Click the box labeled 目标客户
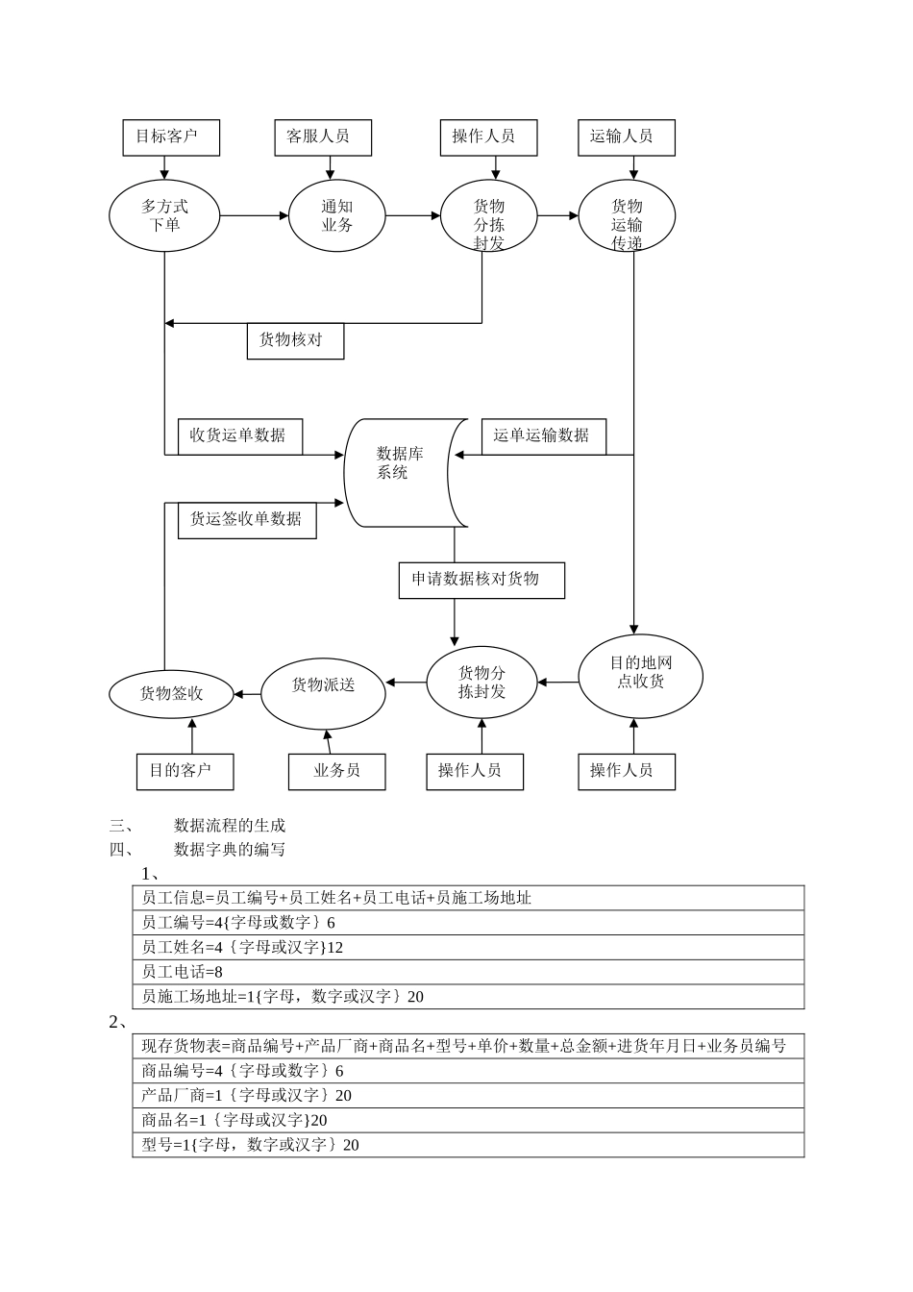click(171, 137)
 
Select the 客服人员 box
click(323, 137)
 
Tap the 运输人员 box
click(626, 137)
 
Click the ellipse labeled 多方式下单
click(164, 215)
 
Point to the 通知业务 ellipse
click(336, 215)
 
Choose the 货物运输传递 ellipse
click(627, 216)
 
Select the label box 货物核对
click(295, 340)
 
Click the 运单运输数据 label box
click(543, 435)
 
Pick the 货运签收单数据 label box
click(247, 520)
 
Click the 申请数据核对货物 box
click(481, 580)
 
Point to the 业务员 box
click(336, 771)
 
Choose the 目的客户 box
click(185, 771)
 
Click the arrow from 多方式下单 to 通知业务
click(254, 215)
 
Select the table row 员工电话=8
click(467, 972)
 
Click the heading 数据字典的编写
click(229, 849)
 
